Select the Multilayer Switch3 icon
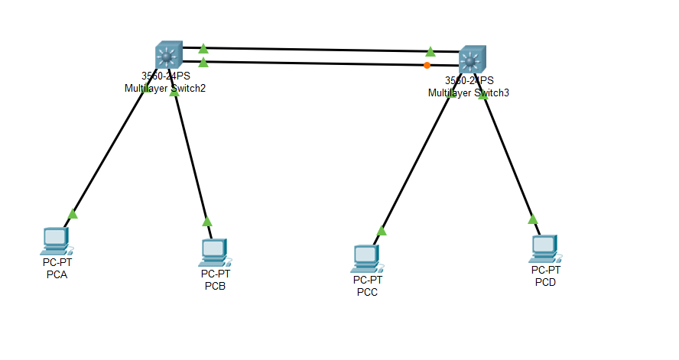click(472, 59)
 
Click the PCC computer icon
click(366, 258)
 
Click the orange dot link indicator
click(427, 65)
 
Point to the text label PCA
click(57, 275)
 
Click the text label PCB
click(215, 287)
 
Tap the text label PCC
click(367, 294)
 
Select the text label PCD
click(545, 283)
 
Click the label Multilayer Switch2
click(165, 88)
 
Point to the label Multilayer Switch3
click(468, 92)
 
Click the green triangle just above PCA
click(73, 214)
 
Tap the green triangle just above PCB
click(207, 222)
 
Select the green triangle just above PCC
click(382, 230)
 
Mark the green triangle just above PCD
click(533, 219)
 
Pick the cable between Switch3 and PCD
click(508, 161)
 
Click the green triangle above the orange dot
click(430, 51)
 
